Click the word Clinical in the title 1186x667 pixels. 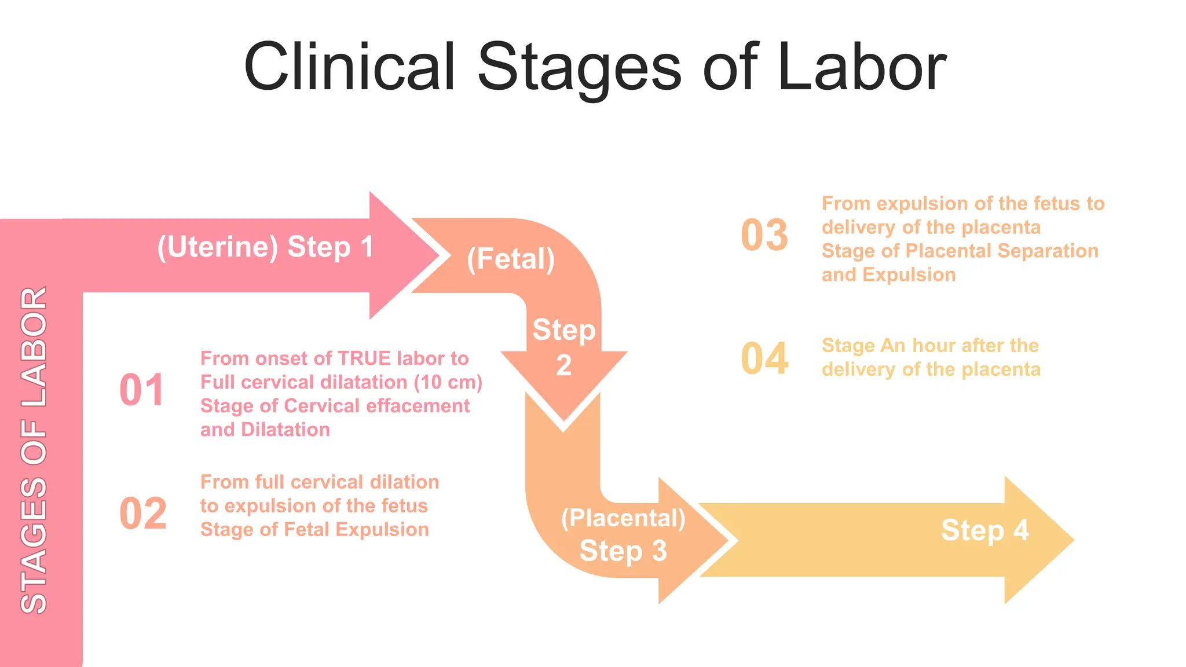(x=349, y=67)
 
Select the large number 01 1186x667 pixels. (x=142, y=390)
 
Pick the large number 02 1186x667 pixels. (x=143, y=514)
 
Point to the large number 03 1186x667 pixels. (x=764, y=236)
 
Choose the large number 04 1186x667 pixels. (x=764, y=359)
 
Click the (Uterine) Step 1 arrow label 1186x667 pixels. (x=265, y=247)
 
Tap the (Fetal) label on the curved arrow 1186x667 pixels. (x=511, y=259)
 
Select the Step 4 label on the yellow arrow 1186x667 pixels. (x=984, y=530)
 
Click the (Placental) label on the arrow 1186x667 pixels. (x=623, y=518)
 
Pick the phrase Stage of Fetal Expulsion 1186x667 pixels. (x=314, y=530)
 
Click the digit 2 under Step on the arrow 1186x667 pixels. (x=563, y=366)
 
